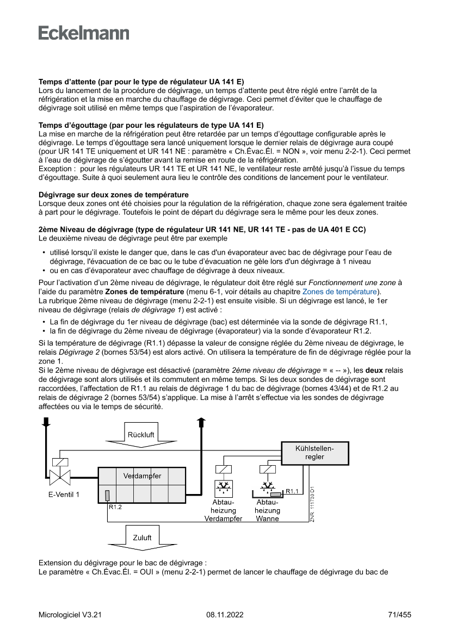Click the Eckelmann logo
coord(84,33)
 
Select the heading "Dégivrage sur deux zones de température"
coord(114,194)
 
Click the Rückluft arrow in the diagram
coord(141,435)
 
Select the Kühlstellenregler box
coord(315,453)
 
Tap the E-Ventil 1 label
coord(63,495)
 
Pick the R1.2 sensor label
coord(115,507)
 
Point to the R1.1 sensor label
coord(292,491)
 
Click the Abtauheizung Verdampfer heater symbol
coord(222,486)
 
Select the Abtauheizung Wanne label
coord(267,510)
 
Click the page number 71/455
coord(399,615)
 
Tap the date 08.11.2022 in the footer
coord(225,615)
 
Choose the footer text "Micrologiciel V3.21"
coord(70,615)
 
